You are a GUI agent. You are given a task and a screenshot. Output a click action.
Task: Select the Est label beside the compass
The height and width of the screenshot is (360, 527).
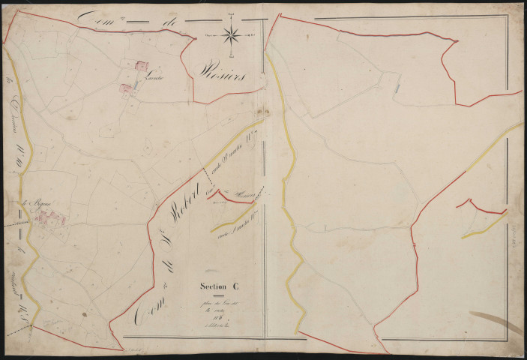click(x=253, y=34)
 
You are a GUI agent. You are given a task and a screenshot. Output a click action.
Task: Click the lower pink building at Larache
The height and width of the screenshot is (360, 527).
click(x=126, y=89)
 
